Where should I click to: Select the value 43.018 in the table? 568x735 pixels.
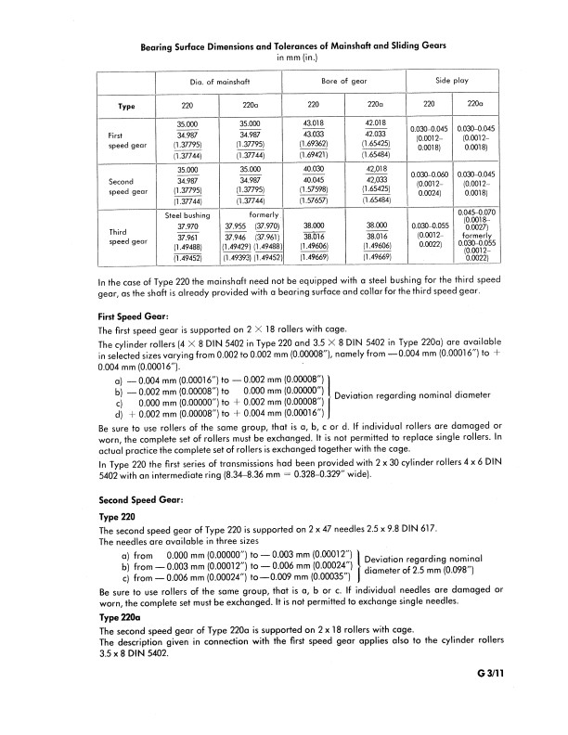(313, 122)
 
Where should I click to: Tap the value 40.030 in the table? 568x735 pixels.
(313, 170)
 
